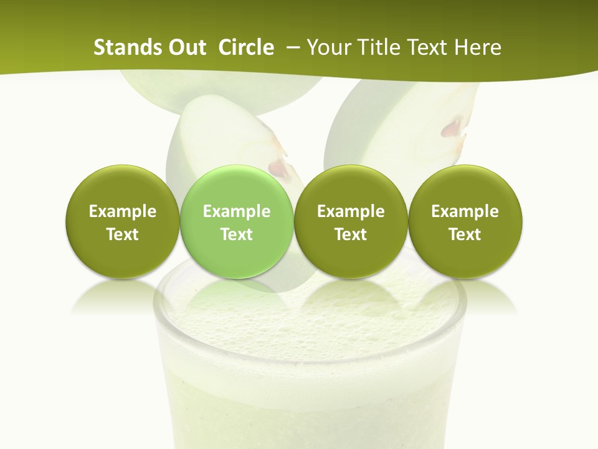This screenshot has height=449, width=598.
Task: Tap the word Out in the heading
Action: coord(186,47)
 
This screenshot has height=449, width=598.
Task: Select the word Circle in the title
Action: coord(246,47)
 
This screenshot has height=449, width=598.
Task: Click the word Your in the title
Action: coord(326,47)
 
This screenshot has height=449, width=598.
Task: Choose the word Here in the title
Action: coord(478,47)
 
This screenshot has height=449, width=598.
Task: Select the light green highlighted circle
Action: coord(237,222)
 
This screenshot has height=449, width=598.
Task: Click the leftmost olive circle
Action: coord(123,222)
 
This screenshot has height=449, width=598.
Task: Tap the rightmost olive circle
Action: coord(465,222)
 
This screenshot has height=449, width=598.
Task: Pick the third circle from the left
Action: coord(351,222)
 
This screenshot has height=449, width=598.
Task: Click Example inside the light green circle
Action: coord(237,211)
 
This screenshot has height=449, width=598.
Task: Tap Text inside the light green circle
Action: coord(237,234)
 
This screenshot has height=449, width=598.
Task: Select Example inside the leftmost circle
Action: coord(123,211)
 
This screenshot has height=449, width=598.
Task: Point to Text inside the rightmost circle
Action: coord(465,234)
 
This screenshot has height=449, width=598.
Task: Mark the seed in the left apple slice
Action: coord(276,168)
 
